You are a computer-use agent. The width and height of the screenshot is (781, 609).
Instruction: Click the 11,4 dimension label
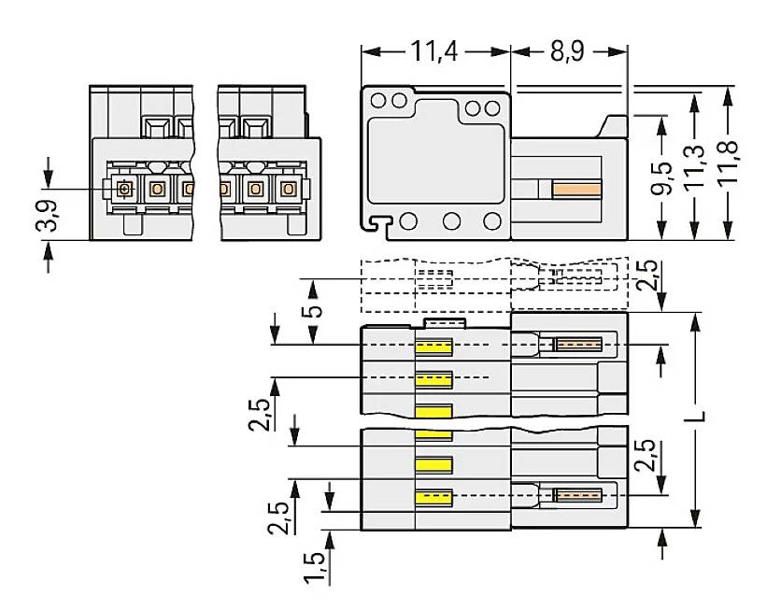435,50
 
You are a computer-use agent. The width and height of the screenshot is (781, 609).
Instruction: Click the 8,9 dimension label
567,50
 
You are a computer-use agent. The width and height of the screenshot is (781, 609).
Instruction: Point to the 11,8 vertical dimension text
727,163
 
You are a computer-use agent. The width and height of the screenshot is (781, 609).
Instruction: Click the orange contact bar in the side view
575,190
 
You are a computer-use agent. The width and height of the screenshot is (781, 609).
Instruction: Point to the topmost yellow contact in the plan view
434,347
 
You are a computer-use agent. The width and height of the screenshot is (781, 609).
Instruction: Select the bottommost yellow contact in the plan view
434,497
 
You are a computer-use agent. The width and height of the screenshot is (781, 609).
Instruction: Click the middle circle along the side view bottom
452,221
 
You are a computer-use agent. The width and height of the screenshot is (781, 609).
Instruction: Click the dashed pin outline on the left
434,278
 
